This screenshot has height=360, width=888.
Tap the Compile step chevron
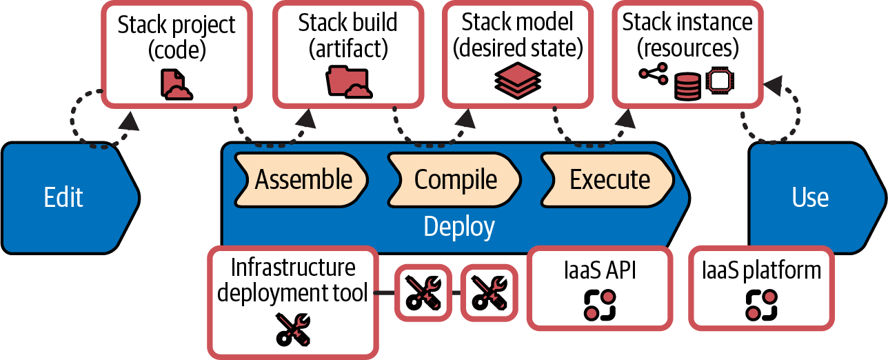click(455, 179)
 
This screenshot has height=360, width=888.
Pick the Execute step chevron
click(609, 179)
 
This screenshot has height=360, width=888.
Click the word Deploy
click(458, 226)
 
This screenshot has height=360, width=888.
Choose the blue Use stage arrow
click(811, 197)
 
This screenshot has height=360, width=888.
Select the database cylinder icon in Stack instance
click(687, 86)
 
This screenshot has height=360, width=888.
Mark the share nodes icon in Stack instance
click(654, 74)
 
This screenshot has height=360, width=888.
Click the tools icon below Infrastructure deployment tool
click(293, 328)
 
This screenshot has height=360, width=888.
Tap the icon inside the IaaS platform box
click(761, 304)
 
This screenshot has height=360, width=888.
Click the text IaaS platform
click(761, 270)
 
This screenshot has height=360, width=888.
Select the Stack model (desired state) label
click(518, 34)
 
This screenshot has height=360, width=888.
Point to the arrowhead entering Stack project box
click(128, 122)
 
